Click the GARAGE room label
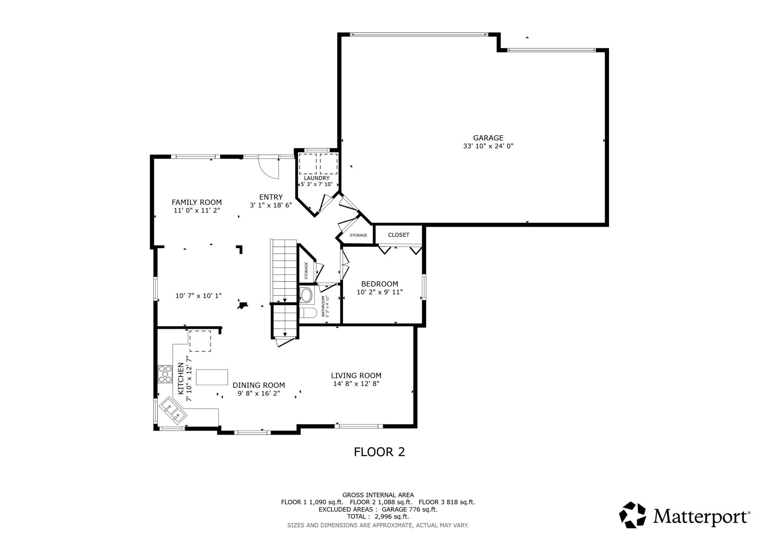pyautogui.click(x=488, y=138)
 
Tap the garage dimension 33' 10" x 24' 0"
pyautogui.click(x=488, y=146)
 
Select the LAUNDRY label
pyautogui.click(x=317, y=178)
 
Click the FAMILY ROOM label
pyautogui.click(x=197, y=202)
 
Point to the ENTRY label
pyautogui.click(x=271, y=197)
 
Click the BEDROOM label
pyautogui.click(x=379, y=284)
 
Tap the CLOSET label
pyautogui.click(x=398, y=235)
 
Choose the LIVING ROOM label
pyautogui.click(x=356, y=375)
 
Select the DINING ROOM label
pyautogui.click(x=259, y=385)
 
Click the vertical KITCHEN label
pyautogui.click(x=181, y=378)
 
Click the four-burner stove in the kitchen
pyautogui.click(x=165, y=374)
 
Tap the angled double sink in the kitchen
pyautogui.click(x=173, y=410)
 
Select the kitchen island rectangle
pyautogui.click(x=212, y=377)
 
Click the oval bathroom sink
pyautogui.click(x=307, y=295)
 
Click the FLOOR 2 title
pyautogui.click(x=379, y=452)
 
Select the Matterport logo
pyautogui.click(x=685, y=515)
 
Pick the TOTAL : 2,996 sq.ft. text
pyautogui.click(x=378, y=517)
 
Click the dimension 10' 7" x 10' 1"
pyautogui.click(x=199, y=296)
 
